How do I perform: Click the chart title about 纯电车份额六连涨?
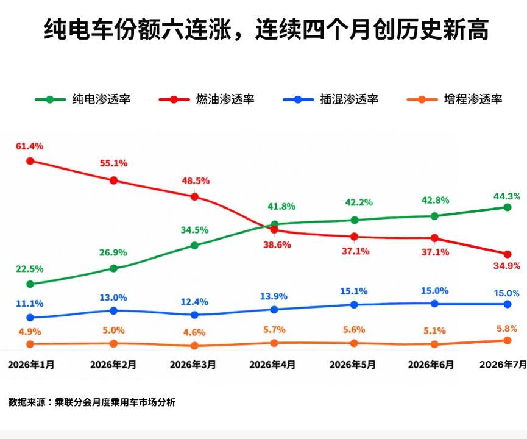(x=266, y=30)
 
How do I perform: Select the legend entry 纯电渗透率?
(x=83, y=99)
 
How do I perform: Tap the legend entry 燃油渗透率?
(x=207, y=99)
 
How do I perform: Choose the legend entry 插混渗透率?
(x=331, y=99)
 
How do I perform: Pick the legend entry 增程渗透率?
(x=454, y=99)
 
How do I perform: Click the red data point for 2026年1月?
(x=30, y=161)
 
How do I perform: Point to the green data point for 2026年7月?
(x=508, y=207)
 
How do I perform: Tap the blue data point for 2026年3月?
(x=194, y=315)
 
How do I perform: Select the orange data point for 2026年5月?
(x=354, y=343)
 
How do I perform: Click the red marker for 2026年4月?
(x=274, y=229)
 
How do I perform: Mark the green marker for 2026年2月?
(x=113, y=268)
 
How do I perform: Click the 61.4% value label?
(x=30, y=146)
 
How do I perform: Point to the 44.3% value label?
(x=507, y=196)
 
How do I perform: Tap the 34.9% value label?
(x=507, y=266)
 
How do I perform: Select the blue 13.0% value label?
(x=113, y=298)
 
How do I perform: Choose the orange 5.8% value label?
(x=507, y=329)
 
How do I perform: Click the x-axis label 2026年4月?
(x=272, y=365)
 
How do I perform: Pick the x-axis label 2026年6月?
(x=431, y=365)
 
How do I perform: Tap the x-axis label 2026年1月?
(x=31, y=365)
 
